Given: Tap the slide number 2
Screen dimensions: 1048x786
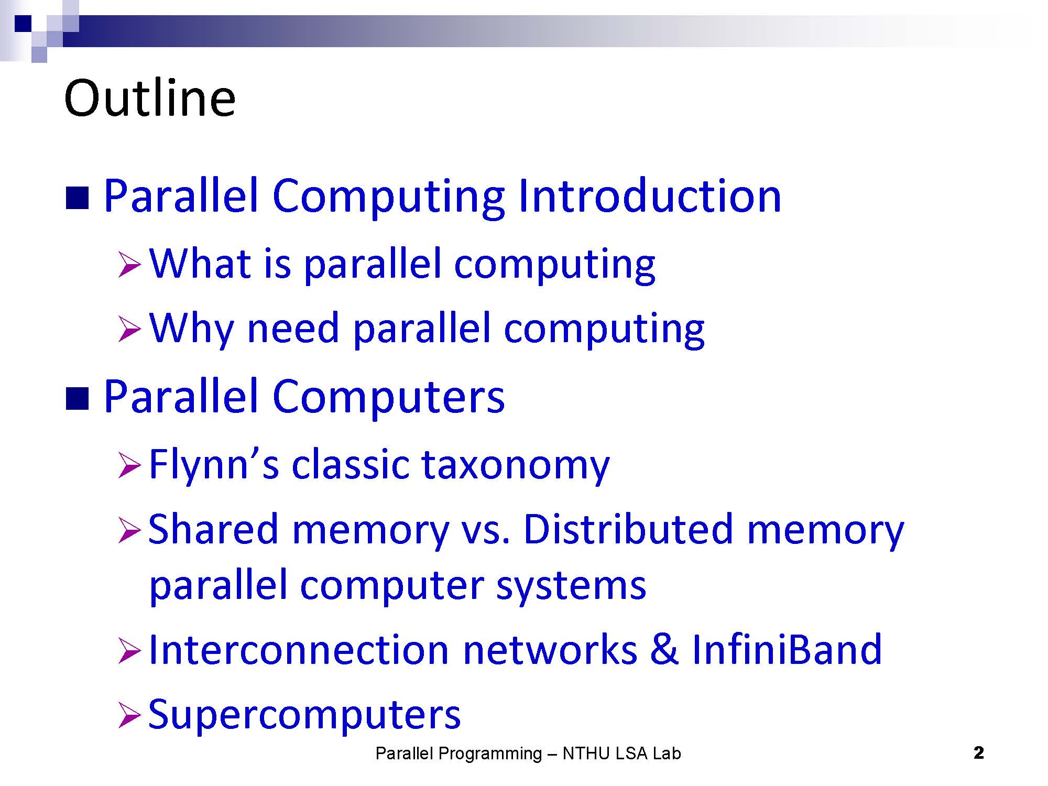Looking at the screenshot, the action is (x=978, y=753).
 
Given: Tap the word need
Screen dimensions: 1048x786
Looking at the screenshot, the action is (x=293, y=328).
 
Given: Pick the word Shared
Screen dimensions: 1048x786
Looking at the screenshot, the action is (x=213, y=529).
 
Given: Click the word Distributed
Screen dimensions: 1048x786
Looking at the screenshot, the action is (x=628, y=529).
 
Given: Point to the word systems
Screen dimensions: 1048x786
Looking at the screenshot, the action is (x=571, y=586).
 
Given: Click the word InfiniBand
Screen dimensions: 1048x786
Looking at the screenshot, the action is (x=787, y=650).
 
